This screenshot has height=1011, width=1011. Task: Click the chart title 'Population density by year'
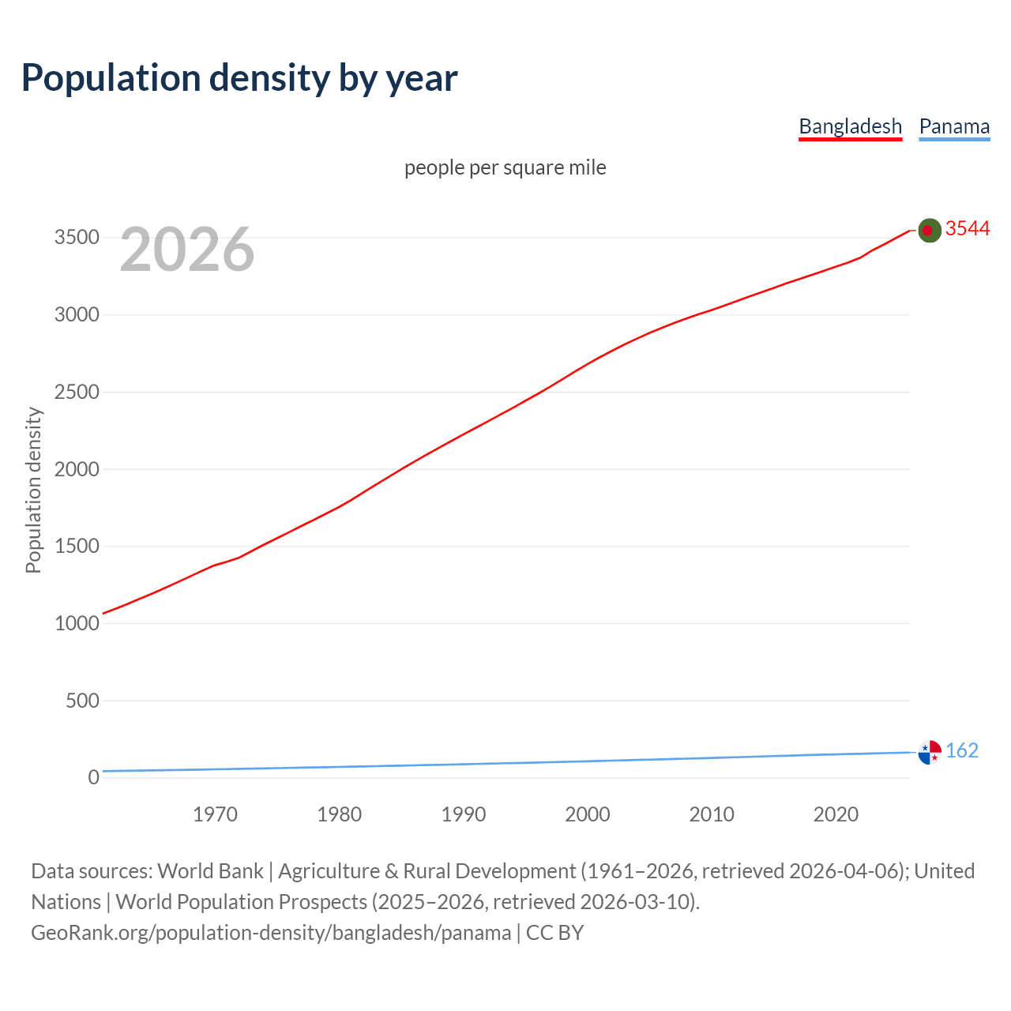[239, 78]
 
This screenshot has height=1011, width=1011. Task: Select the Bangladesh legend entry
[850, 126]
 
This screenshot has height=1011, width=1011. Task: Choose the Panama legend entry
[954, 126]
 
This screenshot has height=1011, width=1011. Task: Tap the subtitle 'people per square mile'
[505, 167]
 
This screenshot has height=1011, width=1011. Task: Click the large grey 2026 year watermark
[187, 250]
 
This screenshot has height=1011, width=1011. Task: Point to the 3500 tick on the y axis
[77, 238]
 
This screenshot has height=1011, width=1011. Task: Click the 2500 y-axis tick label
[77, 392]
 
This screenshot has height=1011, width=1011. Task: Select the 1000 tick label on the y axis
[77, 623]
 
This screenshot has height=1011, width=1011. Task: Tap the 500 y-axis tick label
[82, 701]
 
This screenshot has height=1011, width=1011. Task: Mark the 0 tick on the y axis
[94, 777]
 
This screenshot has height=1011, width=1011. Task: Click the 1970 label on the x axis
[215, 814]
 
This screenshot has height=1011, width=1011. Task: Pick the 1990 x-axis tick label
[464, 814]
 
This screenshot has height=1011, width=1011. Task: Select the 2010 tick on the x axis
[712, 814]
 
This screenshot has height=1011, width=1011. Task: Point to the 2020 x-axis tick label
[836, 814]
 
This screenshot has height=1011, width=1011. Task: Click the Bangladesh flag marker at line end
[930, 230]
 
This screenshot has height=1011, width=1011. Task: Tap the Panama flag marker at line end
[930, 752]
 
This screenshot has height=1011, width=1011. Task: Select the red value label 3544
[968, 228]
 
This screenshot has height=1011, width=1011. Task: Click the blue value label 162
[962, 750]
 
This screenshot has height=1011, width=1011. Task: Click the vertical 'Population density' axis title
[33, 490]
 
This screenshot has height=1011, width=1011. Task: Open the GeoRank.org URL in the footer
[271, 933]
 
